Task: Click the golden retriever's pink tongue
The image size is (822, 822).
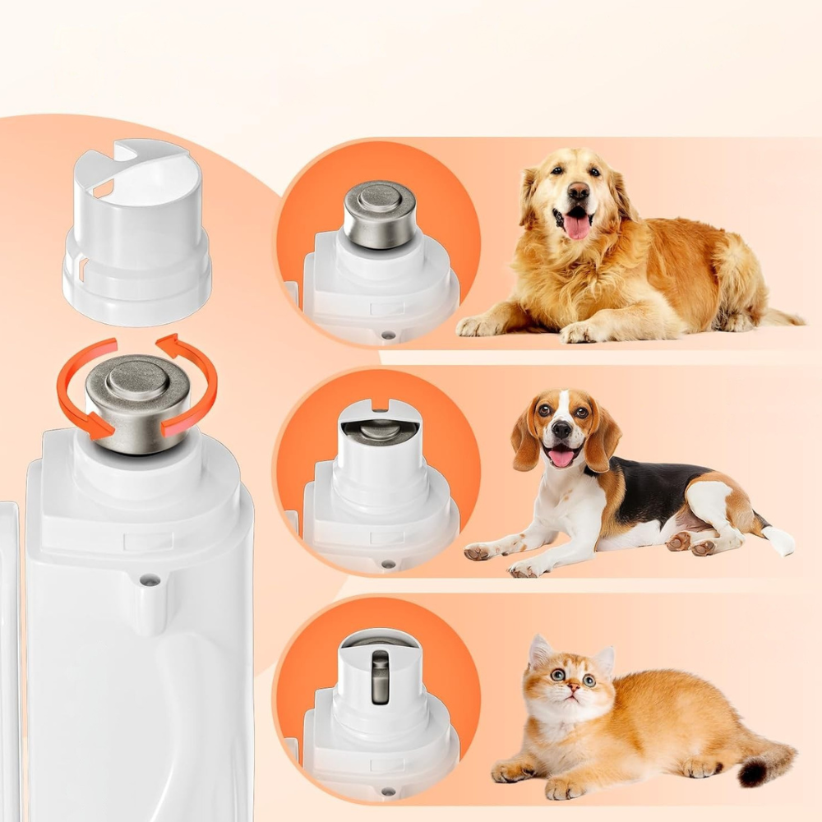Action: click(577, 224)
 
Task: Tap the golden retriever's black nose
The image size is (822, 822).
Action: click(578, 191)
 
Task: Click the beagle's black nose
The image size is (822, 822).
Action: click(562, 430)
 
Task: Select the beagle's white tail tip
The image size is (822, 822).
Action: click(778, 540)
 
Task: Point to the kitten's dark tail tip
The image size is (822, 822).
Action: click(753, 772)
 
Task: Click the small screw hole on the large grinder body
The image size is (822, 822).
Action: click(149, 580)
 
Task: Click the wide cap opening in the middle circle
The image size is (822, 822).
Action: click(379, 429)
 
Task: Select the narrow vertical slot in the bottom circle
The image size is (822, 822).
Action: click(379, 676)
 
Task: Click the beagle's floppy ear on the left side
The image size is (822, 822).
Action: click(525, 444)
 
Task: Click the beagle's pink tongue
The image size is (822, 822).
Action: click(562, 456)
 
